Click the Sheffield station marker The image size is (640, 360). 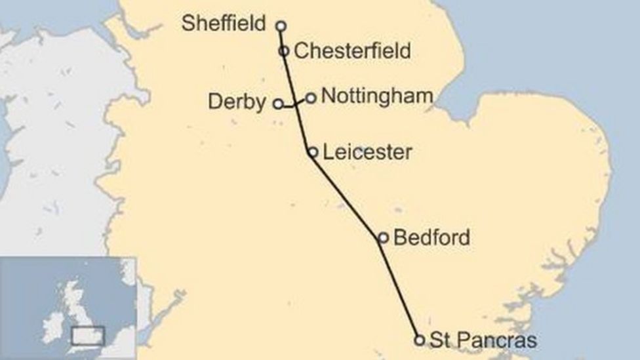281,26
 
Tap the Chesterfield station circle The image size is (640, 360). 284,50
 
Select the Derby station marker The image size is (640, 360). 278,104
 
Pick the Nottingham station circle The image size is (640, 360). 311,98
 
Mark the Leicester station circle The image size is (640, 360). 313,152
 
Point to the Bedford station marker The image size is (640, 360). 383,238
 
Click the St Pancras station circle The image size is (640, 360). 420,340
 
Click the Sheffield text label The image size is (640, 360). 224,24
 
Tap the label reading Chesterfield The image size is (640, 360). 352,50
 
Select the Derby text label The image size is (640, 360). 237,102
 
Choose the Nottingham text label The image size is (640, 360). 378,96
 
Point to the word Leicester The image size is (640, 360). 368,152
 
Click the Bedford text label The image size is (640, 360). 431,237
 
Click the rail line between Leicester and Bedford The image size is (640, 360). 348,195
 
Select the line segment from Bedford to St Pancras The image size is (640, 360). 401,289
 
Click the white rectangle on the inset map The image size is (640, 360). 88,335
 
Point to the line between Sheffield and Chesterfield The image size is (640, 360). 282,38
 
